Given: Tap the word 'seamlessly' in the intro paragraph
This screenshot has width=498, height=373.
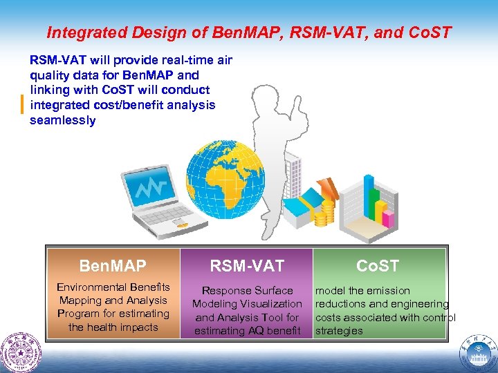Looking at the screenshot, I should click(x=63, y=120).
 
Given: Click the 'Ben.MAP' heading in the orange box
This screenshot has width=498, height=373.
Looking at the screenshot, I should click(x=113, y=266).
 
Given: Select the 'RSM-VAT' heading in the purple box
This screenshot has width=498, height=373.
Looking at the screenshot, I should click(x=247, y=266).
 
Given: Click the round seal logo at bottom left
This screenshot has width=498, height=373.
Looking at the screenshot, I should click(x=21, y=352).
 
